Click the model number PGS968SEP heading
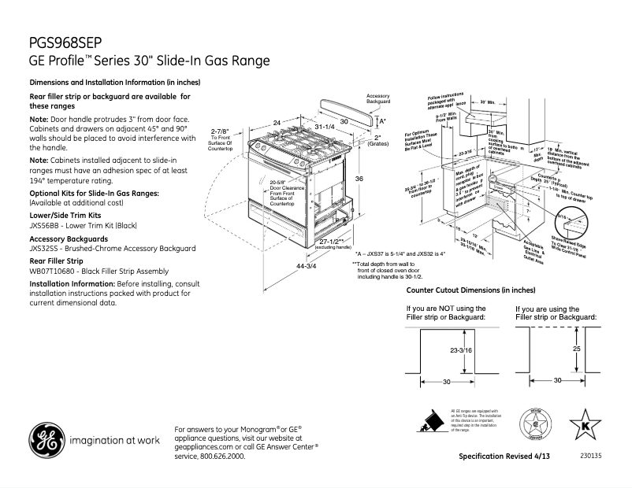(64, 43)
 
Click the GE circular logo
(48, 440)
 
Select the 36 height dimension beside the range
(359, 179)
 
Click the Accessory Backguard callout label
(378, 99)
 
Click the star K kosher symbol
(584, 426)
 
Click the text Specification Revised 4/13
(504, 457)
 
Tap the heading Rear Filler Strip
(56, 260)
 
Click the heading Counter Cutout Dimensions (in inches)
(470, 290)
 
